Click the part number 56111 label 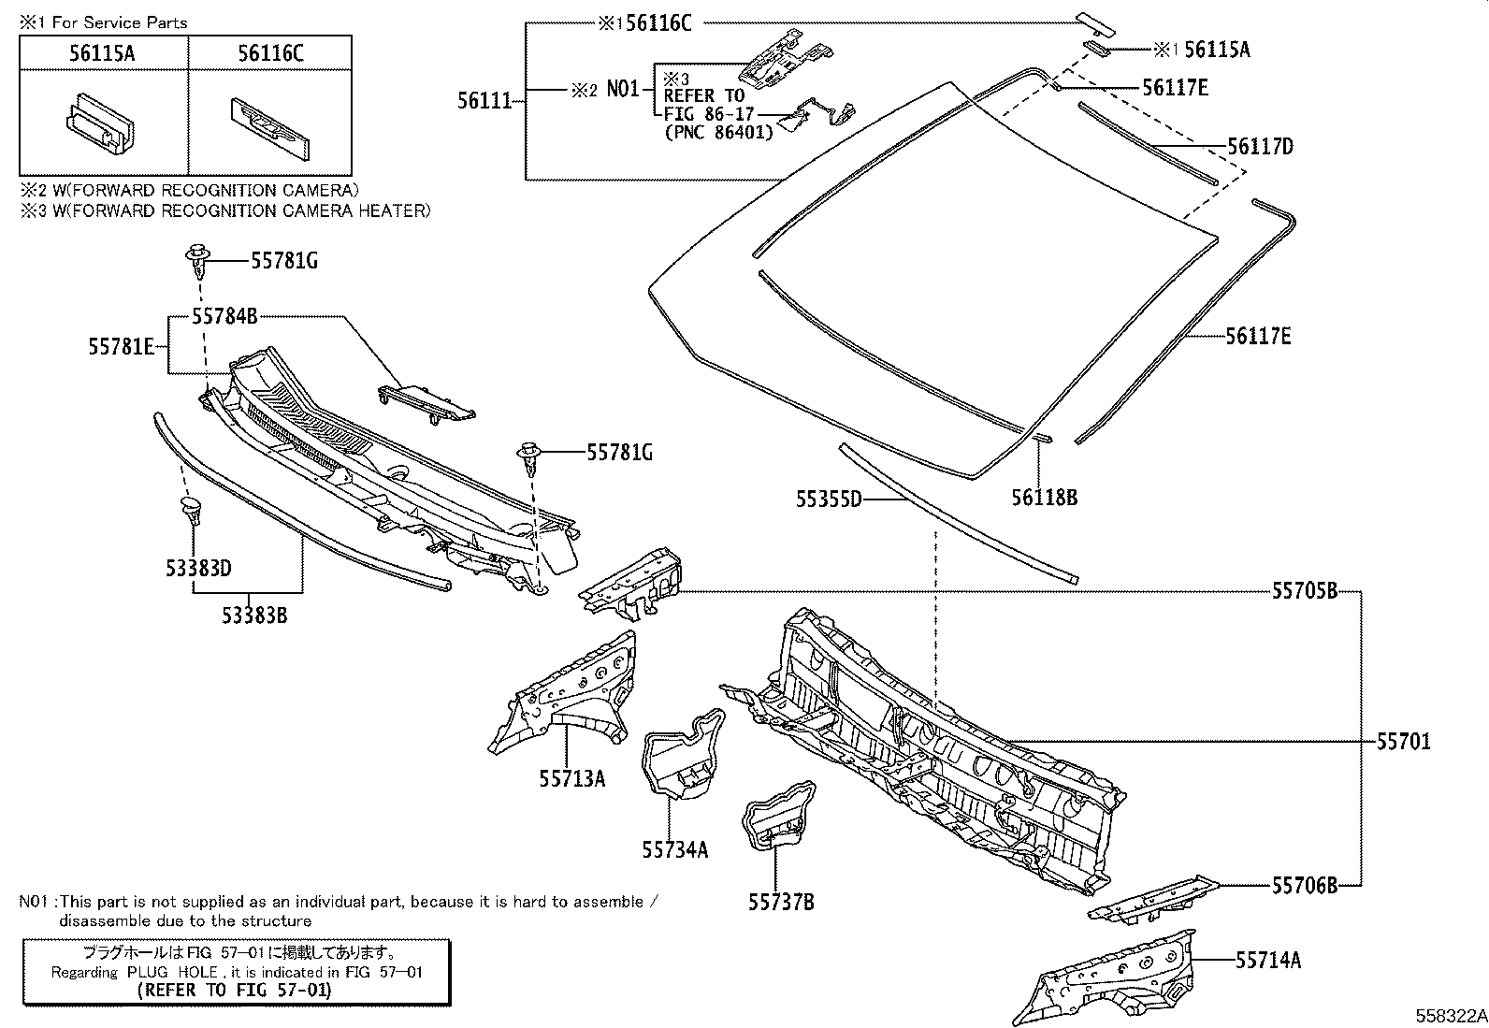pos(484,99)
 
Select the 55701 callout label pos(1403,742)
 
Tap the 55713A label pos(571,777)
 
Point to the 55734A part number pos(674,849)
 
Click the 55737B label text pos(781,902)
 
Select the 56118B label pos(1044,498)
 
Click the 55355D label pos(829,500)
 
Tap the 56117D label pos(1260,146)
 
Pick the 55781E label pos(122,346)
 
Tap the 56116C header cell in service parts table pos(269,53)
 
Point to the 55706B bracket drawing pos(1155,897)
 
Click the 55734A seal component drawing pos(683,753)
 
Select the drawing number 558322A pos(1449,1016)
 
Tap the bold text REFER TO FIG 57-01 pos(234,990)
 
